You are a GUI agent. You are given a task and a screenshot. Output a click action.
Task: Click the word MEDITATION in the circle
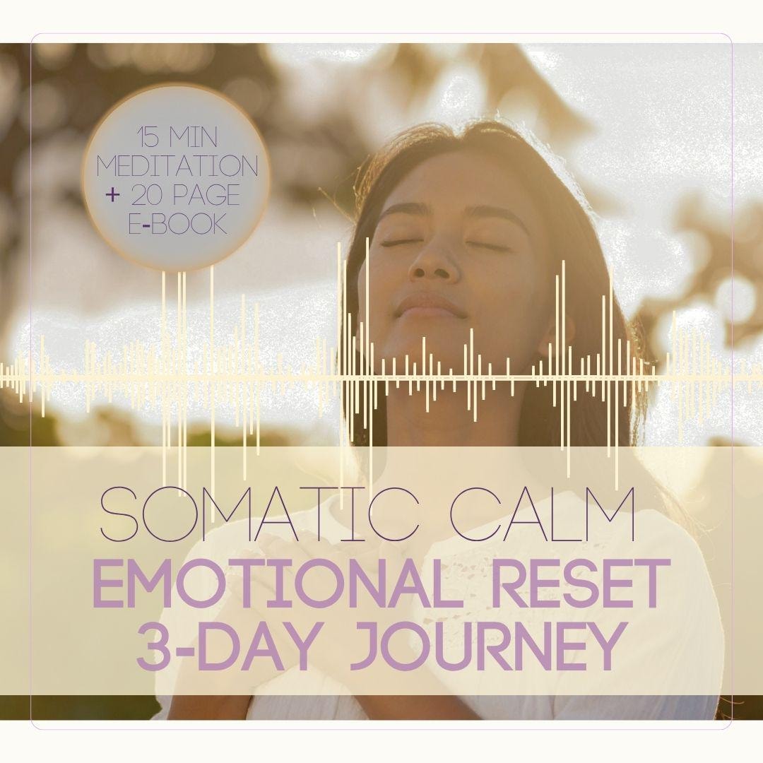click(177, 167)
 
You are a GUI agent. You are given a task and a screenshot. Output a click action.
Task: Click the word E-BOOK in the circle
click(178, 224)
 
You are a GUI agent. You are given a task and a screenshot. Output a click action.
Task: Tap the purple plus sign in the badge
click(111, 196)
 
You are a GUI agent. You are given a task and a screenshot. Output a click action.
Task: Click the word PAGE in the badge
click(206, 196)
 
